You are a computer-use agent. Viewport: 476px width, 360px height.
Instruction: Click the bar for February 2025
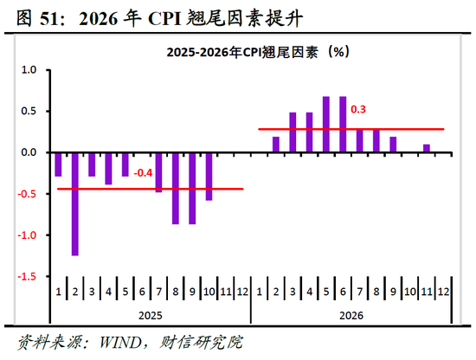coord(75,204)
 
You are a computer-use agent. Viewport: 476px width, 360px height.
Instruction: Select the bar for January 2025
coord(59,164)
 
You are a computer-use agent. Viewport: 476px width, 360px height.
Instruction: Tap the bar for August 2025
coord(176,188)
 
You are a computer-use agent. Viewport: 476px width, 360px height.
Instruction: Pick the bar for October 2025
coord(209,177)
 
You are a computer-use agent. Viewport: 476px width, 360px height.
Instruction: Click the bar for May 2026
coord(326,125)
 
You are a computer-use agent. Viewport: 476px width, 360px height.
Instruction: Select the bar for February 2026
coord(276,145)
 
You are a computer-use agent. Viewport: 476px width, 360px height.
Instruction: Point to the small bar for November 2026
coord(426,149)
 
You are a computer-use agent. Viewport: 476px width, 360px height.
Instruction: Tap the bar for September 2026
coord(393,145)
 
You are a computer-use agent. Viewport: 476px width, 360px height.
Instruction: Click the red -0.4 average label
coord(143,173)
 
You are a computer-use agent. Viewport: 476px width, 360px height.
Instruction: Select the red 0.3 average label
coord(358,110)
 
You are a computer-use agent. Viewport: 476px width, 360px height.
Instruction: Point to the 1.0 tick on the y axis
coord(29,70)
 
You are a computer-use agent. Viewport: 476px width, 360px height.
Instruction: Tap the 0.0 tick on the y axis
coord(29,152)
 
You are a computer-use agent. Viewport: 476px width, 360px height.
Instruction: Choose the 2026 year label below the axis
coord(351,318)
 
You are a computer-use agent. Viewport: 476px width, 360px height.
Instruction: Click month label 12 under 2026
coord(443,293)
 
